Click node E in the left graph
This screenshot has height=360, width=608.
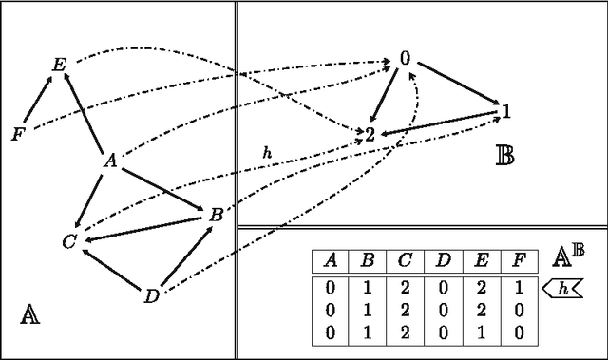pos(59,66)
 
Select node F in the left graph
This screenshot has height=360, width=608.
pos(17,134)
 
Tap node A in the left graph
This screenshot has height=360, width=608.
pos(110,161)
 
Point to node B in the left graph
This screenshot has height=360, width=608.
pos(216,216)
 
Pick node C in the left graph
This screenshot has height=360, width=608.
pos(68,241)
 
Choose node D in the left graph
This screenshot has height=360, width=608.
pos(151,296)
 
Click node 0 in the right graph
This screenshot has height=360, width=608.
pos(405,59)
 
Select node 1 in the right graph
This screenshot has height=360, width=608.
pos(506,112)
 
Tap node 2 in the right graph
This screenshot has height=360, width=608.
pos(370,132)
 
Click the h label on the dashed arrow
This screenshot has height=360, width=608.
pos(267,152)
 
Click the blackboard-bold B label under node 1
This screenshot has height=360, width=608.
pos(505,155)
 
